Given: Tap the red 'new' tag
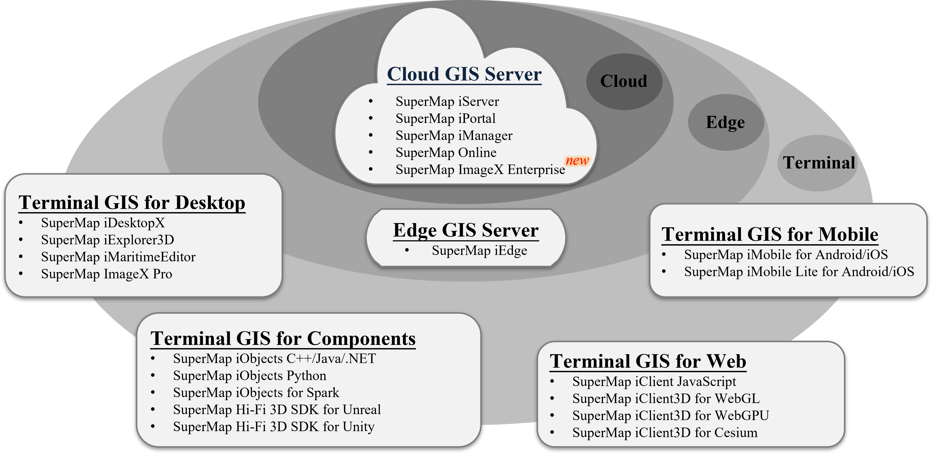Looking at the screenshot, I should click(577, 161).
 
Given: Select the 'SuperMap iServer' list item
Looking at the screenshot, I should click(447, 101).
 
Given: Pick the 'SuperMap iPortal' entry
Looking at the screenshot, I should click(445, 119).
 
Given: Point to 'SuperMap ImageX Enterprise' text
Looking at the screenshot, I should click(480, 170).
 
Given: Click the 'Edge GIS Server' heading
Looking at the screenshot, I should click(466, 230).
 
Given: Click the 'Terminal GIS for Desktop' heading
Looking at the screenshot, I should click(132, 203).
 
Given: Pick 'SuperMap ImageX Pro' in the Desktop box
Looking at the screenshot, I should click(106, 274).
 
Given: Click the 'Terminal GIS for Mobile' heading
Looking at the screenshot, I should click(769, 234).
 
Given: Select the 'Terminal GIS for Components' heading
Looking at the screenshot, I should click(283, 339).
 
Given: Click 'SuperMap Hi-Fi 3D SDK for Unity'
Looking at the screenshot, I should click(274, 427).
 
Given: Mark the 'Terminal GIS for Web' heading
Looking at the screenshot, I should click(648, 361).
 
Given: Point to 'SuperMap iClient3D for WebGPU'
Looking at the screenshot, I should click(670, 415).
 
